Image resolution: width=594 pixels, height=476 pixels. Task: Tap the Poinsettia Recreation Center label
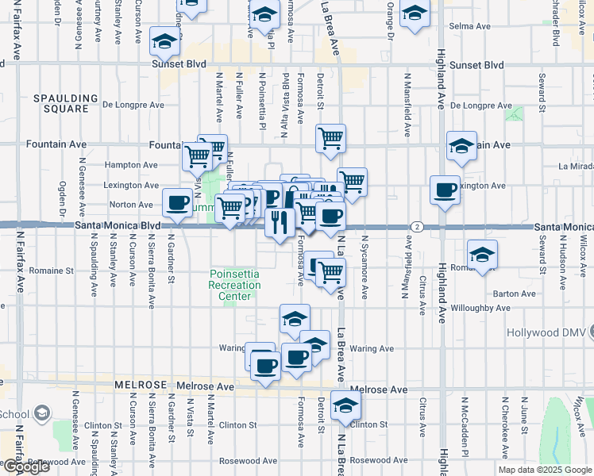[x=235, y=285]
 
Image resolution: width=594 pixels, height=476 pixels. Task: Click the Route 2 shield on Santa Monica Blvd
[x=416, y=227]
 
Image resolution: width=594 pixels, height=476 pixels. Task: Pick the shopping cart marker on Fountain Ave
[x=330, y=140]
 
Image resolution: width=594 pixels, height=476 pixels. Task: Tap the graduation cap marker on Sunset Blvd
[x=164, y=41]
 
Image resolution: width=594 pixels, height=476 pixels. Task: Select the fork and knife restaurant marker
[x=279, y=221]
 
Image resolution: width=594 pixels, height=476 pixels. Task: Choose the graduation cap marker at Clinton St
[x=345, y=406]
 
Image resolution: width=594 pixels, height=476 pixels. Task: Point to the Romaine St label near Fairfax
[x=52, y=271]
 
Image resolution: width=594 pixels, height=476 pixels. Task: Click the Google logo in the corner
[x=27, y=466]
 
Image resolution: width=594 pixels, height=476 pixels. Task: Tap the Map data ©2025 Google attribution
[x=544, y=470]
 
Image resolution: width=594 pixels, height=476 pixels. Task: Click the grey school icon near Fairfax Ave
[x=42, y=413]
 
